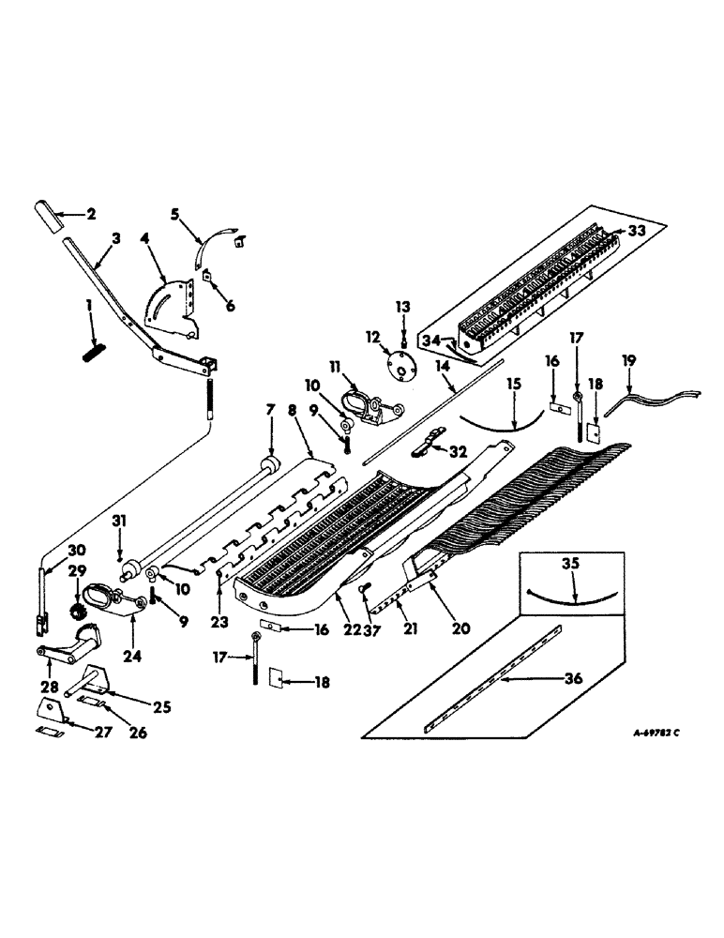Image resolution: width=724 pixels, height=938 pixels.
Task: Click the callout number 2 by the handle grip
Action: (91, 215)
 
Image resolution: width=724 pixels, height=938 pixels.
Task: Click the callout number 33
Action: (638, 228)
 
